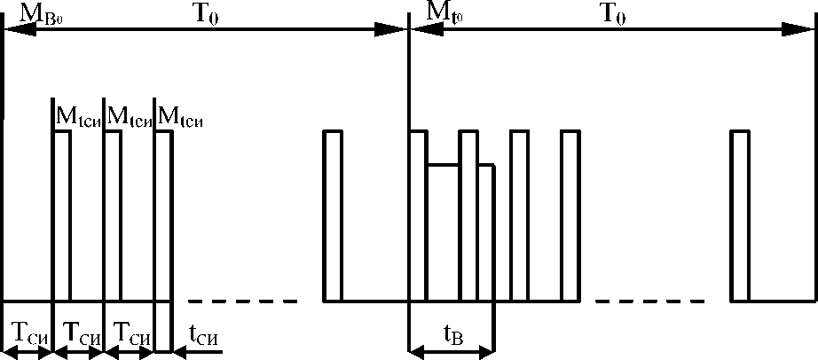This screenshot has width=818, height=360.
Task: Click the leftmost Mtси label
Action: click(x=77, y=115)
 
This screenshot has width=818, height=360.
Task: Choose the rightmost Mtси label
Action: click(x=179, y=115)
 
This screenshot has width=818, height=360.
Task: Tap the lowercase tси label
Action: click(x=203, y=334)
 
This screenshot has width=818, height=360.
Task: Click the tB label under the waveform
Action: click(x=452, y=334)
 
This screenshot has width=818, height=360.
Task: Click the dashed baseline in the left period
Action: click(x=243, y=301)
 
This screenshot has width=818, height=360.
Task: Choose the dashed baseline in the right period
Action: click(x=652, y=301)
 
